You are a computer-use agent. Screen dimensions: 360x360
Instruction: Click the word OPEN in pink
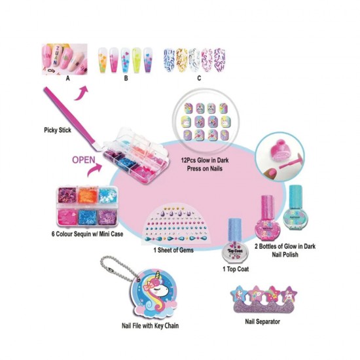pos(84,160)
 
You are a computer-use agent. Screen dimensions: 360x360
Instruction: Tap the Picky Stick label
pos(58,130)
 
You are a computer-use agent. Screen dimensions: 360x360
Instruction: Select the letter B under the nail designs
pos(126,79)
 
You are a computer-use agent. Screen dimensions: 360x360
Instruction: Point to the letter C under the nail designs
pos(199,79)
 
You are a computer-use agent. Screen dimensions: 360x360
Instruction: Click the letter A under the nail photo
pos(67,79)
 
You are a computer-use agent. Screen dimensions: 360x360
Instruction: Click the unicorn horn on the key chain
pos(158,278)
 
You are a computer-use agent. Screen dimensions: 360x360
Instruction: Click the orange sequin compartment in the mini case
pos(88,196)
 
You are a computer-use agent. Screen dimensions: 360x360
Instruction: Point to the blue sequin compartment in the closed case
pos(88,217)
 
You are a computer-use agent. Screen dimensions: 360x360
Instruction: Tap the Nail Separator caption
pos(262,321)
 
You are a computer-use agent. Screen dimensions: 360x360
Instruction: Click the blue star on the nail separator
pos(239,293)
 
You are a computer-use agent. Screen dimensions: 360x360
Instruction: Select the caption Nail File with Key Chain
pos(150,325)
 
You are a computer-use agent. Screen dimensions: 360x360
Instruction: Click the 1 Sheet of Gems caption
pos(173,250)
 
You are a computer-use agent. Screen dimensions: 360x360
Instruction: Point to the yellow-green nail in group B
pos(136,60)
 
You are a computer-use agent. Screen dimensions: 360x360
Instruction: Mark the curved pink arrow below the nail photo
pos(81,94)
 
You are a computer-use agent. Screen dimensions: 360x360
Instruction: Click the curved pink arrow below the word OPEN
pos(94,170)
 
